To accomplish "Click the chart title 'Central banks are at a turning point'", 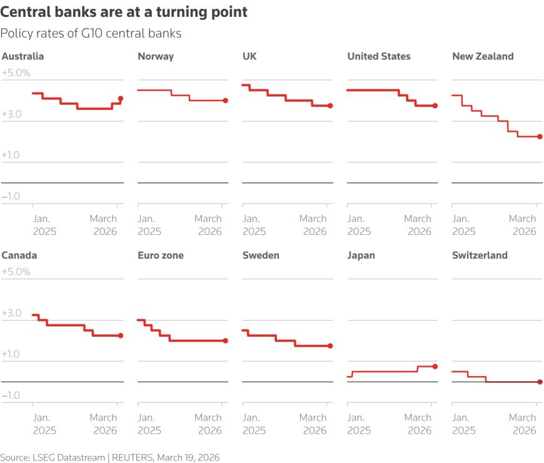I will (x=124, y=12).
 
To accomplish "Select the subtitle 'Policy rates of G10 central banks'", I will (x=91, y=34).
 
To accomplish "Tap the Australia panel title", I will (x=23, y=56).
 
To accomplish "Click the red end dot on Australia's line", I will (x=121, y=99).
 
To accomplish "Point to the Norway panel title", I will (x=156, y=56).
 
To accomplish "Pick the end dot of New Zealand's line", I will (x=540, y=136).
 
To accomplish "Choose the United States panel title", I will (x=379, y=56).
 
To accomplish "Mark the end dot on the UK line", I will (x=330, y=106).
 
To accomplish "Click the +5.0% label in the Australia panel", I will (x=16, y=73).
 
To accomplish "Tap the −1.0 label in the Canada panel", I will (x=11, y=396).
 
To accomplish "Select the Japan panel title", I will (x=361, y=256).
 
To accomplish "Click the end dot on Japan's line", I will (x=435, y=366).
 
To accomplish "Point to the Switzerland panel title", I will (x=480, y=256).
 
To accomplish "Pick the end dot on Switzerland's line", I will (x=540, y=382).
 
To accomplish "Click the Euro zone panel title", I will (x=161, y=256).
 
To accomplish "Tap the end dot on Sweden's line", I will (x=330, y=346).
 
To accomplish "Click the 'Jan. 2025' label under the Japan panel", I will (x=359, y=424).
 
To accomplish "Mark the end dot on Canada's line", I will (x=121, y=336).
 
